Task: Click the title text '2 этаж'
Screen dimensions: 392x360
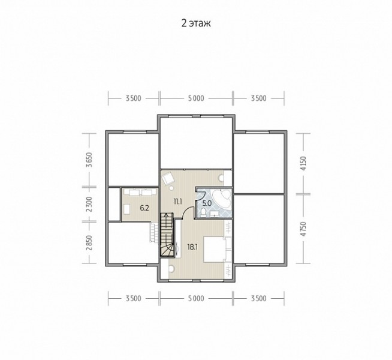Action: pyautogui.click(x=196, y=23)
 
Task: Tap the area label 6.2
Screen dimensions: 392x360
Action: pyautogui.click(x=144, y=208)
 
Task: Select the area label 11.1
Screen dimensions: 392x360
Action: pyautogui.click(x=177, y=202)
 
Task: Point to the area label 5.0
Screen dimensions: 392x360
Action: pyautogui.click(x=207, y=203)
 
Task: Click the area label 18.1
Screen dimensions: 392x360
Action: pyautogui.click(x=192, y=247)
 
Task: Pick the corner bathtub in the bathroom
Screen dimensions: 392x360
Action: pyautogui.click(x=222, y=199)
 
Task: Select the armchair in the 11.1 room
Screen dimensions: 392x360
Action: pyautogui.click(x=168, y=178)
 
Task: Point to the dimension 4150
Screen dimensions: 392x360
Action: pyautogui.click(x=303, y=163)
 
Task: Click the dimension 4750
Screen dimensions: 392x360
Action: pyautogui.click(x=303, y=229)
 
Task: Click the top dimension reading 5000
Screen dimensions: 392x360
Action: pyautogui.click(x=196, y=98)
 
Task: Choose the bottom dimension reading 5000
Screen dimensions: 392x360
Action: pyautogui.click(x=196, y=298)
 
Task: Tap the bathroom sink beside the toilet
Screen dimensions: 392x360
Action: pyautogui.click(x=215, y=214)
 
